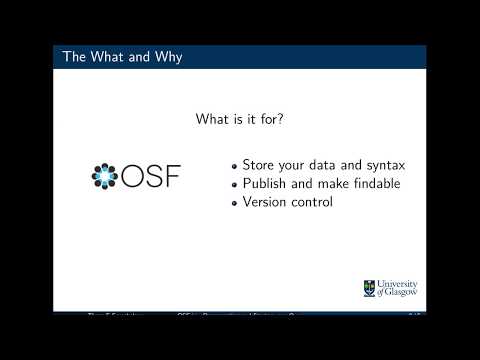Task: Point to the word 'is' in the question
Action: coord(242,120)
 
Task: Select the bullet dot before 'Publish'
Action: coord(235,185)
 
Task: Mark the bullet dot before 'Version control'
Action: coord(235,203)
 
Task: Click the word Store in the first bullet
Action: coord(260,165)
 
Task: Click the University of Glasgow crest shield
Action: coord(369,288)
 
